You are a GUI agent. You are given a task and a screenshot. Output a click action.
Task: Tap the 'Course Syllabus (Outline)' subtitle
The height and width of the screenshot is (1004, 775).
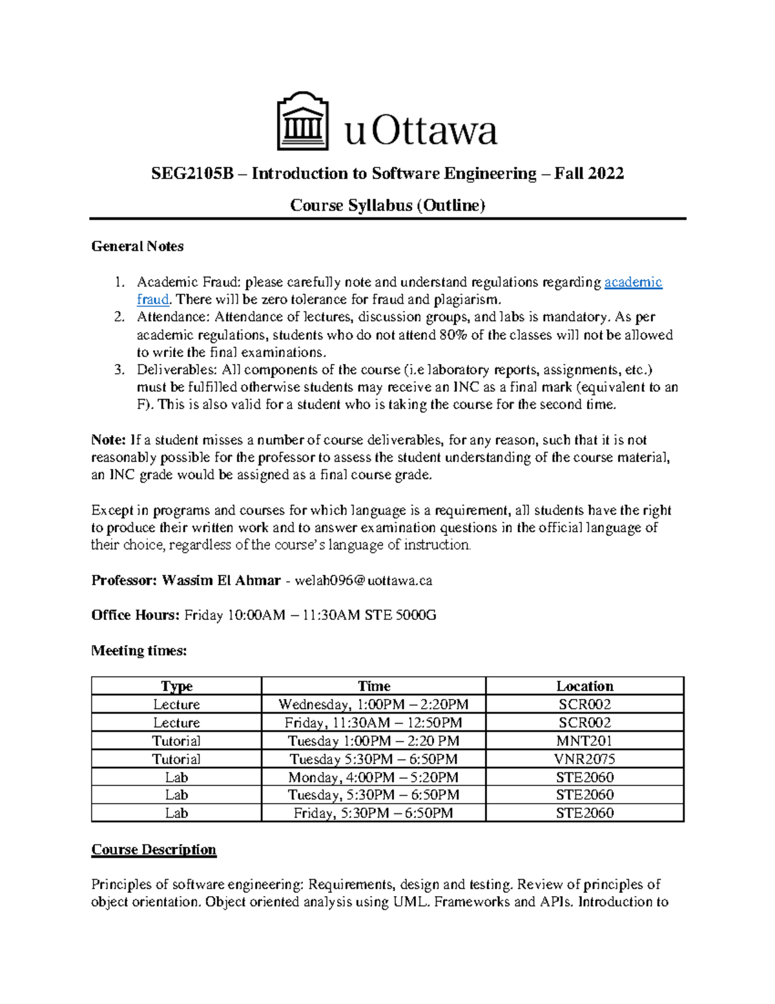(387, 206)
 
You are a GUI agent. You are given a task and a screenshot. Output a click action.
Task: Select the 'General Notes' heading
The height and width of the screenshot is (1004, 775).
(138, 246)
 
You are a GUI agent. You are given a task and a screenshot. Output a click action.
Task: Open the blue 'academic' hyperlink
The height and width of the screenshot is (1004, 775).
(632, 282)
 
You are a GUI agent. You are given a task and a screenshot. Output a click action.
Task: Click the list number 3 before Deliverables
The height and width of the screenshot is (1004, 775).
(118, 370)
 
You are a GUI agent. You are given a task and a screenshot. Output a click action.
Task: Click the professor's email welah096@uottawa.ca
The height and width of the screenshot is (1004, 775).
(363, 581)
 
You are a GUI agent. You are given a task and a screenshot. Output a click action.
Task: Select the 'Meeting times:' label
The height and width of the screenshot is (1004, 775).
(139, 651)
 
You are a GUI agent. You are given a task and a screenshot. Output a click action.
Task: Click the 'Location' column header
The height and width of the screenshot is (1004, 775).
(584, 686)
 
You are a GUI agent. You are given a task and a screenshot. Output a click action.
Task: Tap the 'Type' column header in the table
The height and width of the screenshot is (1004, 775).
(176, 686)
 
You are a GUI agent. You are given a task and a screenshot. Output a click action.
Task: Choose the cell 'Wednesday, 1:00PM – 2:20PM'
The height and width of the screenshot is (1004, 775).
(373, 704)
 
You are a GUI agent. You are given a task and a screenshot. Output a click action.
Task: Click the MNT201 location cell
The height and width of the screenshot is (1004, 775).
(584, 741)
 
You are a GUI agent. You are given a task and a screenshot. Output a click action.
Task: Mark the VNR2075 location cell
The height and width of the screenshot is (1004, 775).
(584, 759)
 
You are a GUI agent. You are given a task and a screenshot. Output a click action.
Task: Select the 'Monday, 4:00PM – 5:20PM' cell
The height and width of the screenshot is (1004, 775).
(373, 777)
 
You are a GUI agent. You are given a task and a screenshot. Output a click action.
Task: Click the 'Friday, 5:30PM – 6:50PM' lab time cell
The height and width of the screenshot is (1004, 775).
(373, 813)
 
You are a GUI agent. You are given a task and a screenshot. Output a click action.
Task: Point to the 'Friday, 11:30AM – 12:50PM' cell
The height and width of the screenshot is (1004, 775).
(373, 723)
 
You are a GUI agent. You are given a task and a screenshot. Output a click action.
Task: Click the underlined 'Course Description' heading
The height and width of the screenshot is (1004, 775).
(154, 849)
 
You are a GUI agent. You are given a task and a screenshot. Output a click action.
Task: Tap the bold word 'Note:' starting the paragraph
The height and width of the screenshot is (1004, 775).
(108, 440)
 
